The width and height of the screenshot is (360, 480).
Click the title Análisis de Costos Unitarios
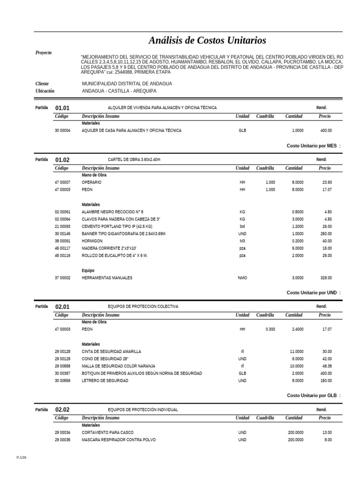click(207, 40)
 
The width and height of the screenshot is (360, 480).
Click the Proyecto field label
click(44, 53)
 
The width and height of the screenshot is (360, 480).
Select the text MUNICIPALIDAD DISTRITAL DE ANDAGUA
click(127, 83)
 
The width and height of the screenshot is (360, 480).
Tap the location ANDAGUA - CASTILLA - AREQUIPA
click(119, 91)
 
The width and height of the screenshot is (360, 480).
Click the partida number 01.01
click(62, 108)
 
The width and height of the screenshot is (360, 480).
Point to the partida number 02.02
click(62, 410)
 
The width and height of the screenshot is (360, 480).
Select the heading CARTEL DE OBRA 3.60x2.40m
click(134, 160)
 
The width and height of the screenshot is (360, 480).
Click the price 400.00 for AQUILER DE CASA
click(326, 131)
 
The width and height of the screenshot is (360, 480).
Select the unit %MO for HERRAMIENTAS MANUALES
click(242, 278)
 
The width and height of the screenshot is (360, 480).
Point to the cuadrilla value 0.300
click(270, 330)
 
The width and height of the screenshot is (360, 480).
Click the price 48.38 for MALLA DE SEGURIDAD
click(327, 366)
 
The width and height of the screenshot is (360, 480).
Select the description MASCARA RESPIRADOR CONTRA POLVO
click(119, 440)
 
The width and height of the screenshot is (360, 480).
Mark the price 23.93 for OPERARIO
click(327, 182)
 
